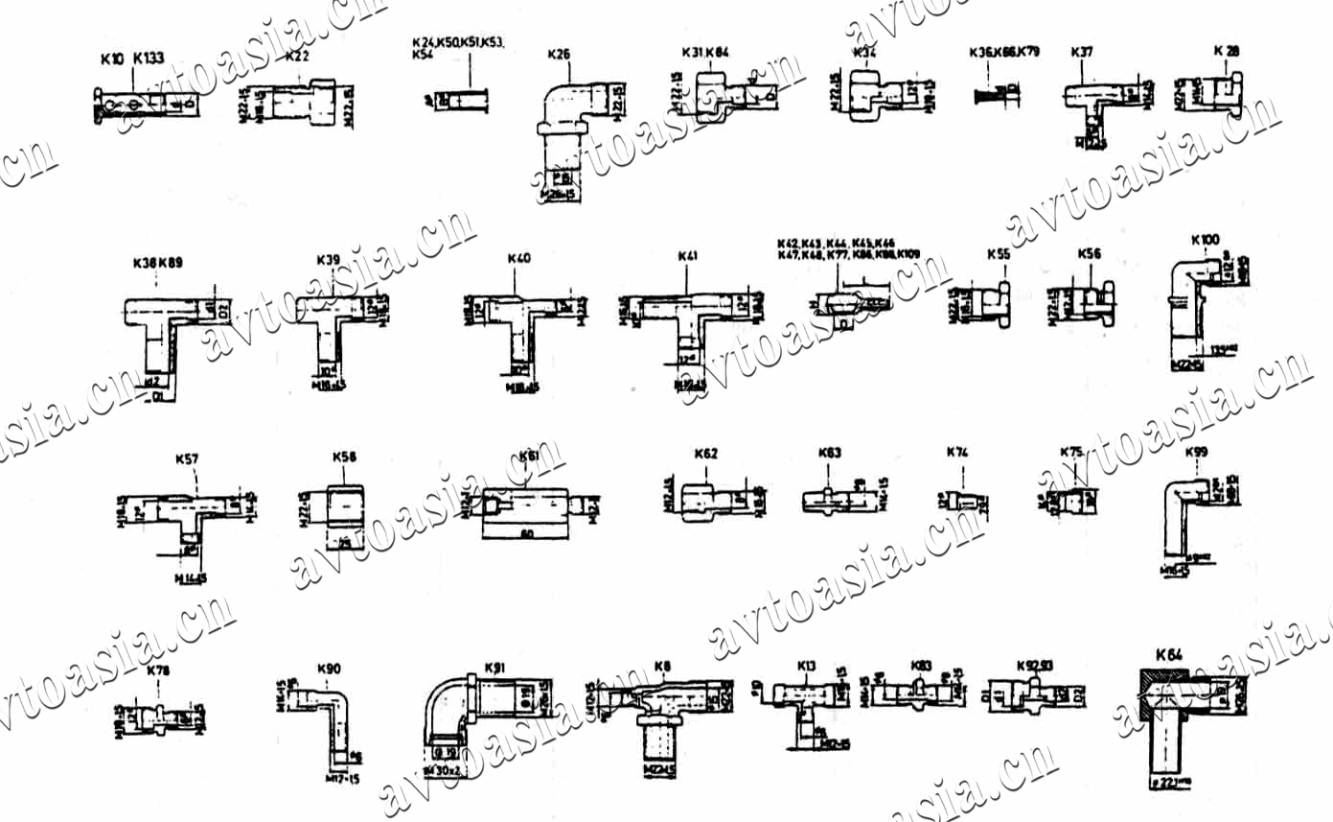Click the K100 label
[x=1205, y=239]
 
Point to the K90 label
[x=328, y=669]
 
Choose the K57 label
[x=187, y=459]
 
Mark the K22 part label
[x=297, y=57]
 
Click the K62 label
[x=705, y=454]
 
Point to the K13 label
[x=806, y=666]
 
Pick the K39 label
[x=328, y=260]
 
